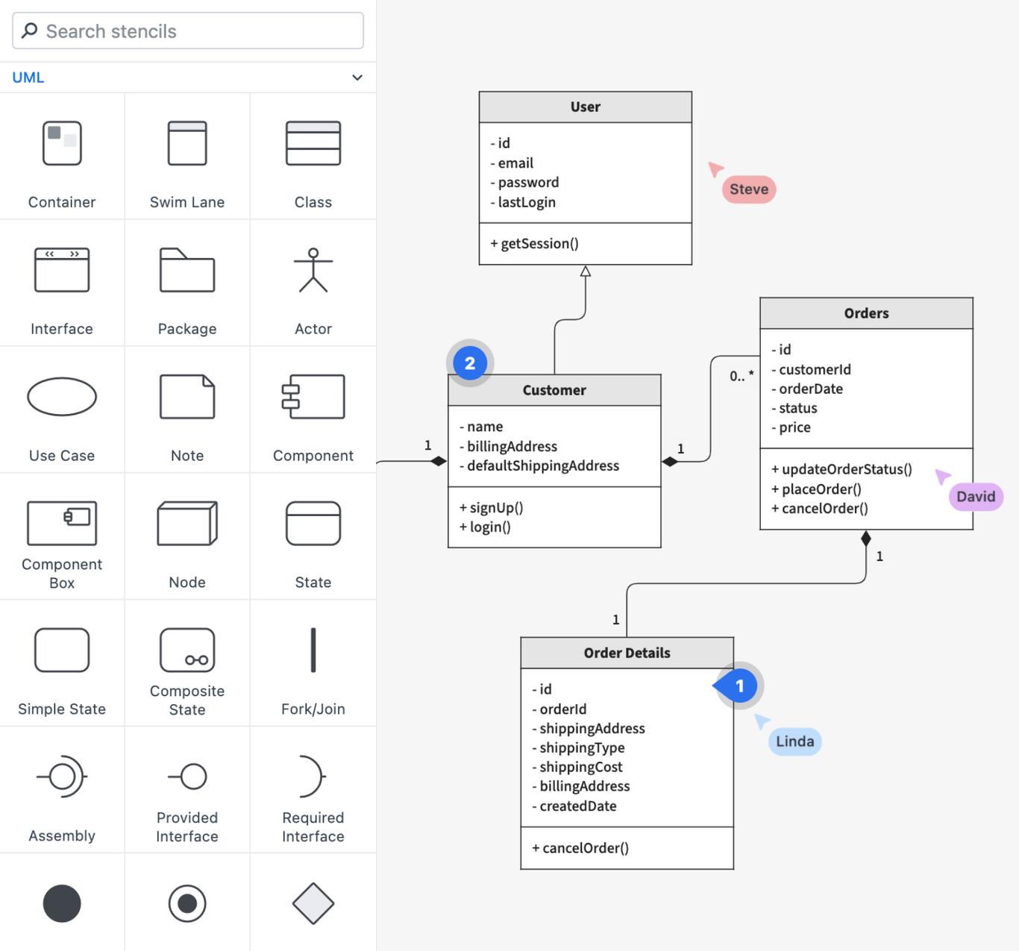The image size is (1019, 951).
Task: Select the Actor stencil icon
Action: coord(313,270)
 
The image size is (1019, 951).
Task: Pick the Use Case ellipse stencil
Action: coord(62,397)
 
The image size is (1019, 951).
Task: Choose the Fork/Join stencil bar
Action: coord(313,650)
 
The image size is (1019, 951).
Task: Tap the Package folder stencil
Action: coord(187,270)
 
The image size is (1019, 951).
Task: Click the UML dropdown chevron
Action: coord(357,78)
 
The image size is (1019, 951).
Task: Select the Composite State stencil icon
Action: coord(187,650)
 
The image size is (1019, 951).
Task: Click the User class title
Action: coord(585,107)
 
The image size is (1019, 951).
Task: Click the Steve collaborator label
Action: coord(749,189)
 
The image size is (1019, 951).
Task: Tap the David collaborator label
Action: coord(975,497)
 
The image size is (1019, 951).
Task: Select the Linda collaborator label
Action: coord(794,741)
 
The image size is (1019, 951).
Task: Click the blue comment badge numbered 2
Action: coord(470,363)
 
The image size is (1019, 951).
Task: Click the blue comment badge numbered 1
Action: coord(739,685)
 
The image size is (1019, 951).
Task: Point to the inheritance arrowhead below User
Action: coord(586,272)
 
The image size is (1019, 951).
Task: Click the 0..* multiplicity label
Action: coord(741,376)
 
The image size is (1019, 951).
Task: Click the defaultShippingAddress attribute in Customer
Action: coord(542,465)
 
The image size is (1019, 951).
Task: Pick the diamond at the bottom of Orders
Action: coord(865,539)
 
